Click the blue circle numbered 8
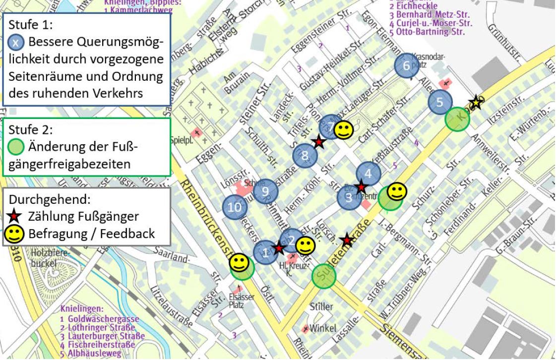pos(305,157)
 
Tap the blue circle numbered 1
pos(265,252)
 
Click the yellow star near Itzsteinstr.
pos(476,102)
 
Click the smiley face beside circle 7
pos(343,130)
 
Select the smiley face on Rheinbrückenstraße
pos(239,262)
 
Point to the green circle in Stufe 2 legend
pos(16,147)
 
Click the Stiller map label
pos(321,307)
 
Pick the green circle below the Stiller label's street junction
pos(324,276)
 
